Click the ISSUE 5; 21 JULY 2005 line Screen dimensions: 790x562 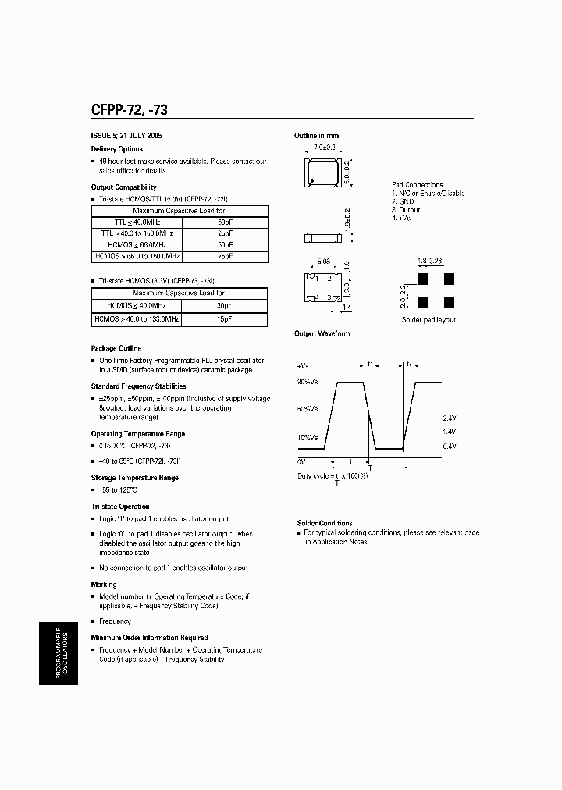coord(126,136)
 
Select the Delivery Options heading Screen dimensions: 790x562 coord(117,148)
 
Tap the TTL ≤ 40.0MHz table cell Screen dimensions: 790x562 coord(136,222)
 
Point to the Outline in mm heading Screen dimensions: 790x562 coord(317,136)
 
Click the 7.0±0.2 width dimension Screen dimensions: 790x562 coord(324,148)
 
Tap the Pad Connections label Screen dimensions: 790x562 coord(417,185)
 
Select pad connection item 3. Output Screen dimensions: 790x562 coord(406,210)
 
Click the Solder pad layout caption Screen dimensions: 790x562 coord(429,320)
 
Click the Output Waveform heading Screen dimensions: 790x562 coord(322,333)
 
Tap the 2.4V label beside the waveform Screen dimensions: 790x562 coord(449,418)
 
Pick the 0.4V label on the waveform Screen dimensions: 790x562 coord(449,446)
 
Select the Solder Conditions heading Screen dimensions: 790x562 coord(325,523)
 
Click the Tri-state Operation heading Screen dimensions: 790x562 coord(120,507)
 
